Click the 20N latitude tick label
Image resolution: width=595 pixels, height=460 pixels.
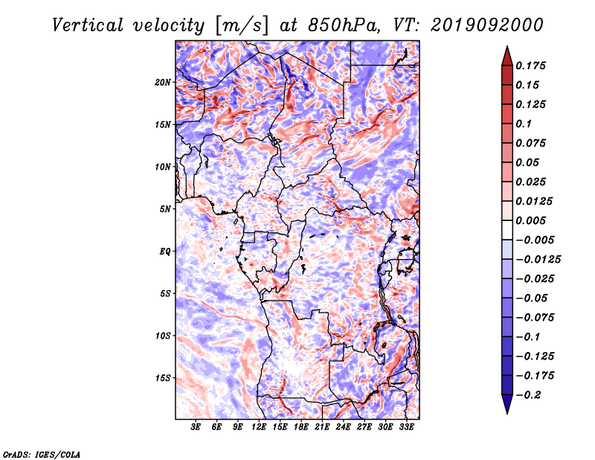tap(163, 83)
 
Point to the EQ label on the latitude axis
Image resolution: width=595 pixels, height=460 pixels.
tap(164, 252)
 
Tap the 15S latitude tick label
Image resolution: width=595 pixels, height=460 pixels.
tap(163, 378)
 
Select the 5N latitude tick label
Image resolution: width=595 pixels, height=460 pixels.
tap(165, 209)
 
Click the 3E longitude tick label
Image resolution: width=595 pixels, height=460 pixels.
tap(196, 427)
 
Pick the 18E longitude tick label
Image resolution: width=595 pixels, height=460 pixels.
tap(301, 427)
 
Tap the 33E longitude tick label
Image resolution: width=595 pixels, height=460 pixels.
tap(406, 427)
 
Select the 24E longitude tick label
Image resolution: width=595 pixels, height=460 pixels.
tap(343, 427)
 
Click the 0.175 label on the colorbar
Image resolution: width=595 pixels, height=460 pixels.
tap(530, 66)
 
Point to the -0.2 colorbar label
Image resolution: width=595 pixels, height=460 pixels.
tap(528, 395)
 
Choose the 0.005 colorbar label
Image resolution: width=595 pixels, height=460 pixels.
tap(530, 220)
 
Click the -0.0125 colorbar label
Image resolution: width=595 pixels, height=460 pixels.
tap(538, 260)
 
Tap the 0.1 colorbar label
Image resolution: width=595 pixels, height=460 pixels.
tap(524, 124)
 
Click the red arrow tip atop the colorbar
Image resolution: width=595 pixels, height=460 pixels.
tap(507, 47)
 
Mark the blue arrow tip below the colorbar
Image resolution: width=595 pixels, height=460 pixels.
tap(507, 413)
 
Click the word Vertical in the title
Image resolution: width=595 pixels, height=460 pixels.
tap(88, 25)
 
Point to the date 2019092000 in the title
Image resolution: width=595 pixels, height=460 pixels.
tap(487, 25)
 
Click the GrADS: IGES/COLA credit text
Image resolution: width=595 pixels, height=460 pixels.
tap(42, 454)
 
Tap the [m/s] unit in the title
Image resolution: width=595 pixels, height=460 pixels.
tap(242, 26)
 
